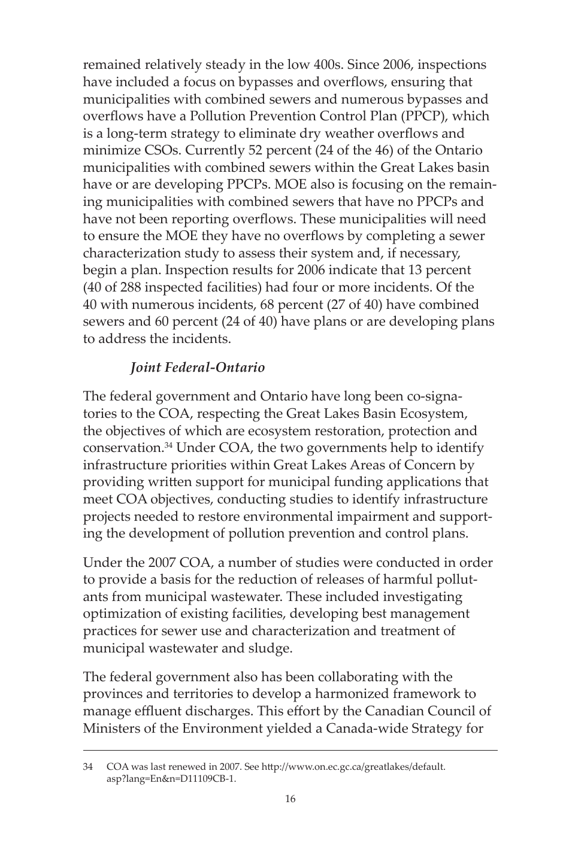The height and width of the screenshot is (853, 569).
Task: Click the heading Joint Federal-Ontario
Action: (197, 368)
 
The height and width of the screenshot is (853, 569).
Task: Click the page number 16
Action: (290, 799)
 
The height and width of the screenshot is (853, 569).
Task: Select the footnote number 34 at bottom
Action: (88, 767)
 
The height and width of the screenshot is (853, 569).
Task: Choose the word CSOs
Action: (156, 150)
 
